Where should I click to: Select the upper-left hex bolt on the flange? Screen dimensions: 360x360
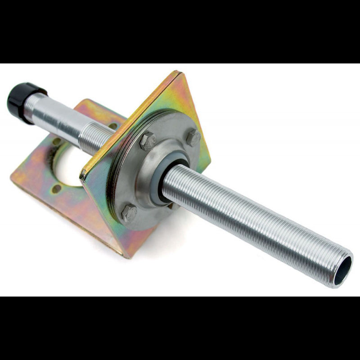[147, 141]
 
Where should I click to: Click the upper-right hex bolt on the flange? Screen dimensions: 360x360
[193, 137]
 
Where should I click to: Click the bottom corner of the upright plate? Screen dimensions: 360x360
[126, 256]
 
